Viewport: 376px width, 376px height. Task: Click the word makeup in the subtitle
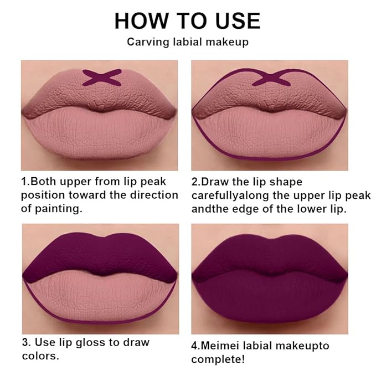click(226, 42)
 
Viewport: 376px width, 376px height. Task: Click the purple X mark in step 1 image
click(101, 77)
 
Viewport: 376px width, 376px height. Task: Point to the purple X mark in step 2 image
click(272, 77)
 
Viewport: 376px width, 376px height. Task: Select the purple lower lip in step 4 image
click(270, 296)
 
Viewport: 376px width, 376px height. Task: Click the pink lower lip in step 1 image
click(100, 133)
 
